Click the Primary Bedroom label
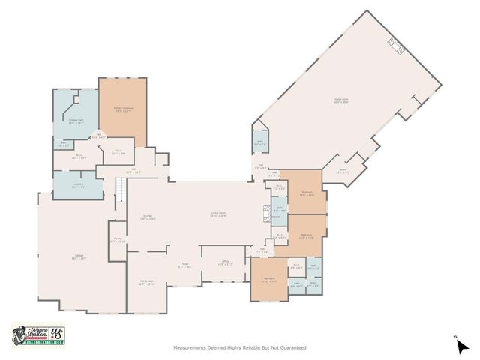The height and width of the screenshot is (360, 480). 123,110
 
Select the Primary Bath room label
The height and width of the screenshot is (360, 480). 76,121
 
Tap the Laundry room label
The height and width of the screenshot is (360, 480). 77,187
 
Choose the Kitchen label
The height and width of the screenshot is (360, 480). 148,217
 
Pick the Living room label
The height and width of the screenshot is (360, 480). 218,214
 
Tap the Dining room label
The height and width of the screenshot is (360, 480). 146,283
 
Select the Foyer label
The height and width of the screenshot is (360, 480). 184,265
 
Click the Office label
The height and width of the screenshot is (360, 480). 225,263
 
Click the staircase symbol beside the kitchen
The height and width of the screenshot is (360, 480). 118,193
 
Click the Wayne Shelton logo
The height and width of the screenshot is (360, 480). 38,334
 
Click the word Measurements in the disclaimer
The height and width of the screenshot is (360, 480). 190,348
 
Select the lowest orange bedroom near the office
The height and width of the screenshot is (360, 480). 269,280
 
